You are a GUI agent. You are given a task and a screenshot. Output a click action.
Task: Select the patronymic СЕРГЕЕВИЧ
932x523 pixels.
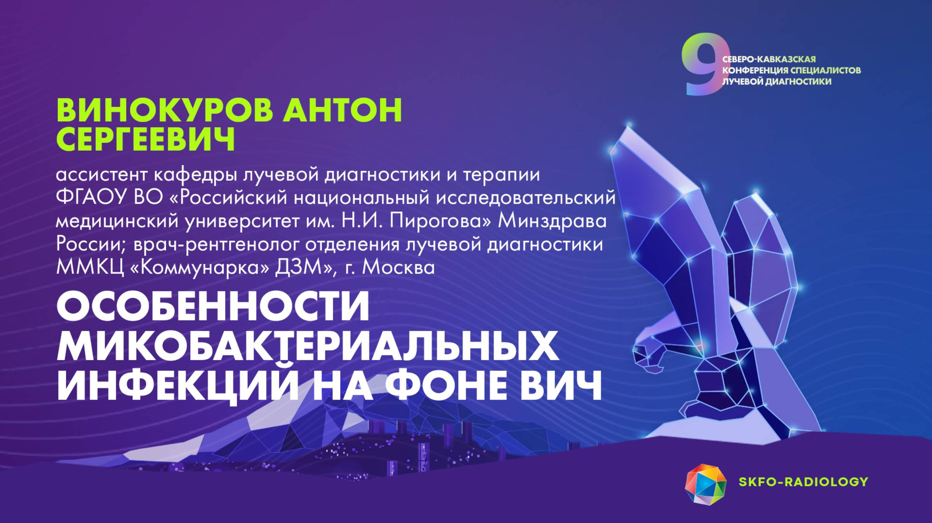pyautogui.click(x=146, y=139)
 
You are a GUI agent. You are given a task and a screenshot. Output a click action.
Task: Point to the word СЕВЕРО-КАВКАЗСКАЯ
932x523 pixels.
pyautogui.click(x=769, y=59)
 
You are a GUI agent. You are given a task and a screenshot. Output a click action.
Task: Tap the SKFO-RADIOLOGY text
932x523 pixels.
pyautogui.click(x=803, y=482)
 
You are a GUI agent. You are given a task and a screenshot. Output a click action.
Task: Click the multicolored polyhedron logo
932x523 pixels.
pyautogui.click(x=705, y=485)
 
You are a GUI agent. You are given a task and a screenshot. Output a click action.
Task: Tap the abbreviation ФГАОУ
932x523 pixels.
pyautogui.click(x=92, y=198)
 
